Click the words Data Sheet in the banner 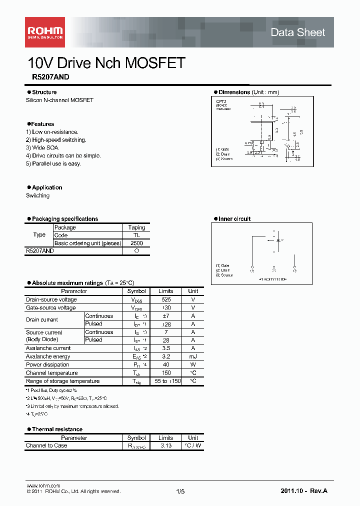coord(297,32)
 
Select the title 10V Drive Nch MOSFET coord(106,63)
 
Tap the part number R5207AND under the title coord(47,77)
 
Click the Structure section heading coord(44,92)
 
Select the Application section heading coord(47,187)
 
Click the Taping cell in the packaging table coord(136,227)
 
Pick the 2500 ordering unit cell coord(136,243)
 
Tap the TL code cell coord(136,235)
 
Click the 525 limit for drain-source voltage coord(166,299)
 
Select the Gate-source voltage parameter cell coord(51,307)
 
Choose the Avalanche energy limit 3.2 coord(166,356)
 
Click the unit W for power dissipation coord(193,364)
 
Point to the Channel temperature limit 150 coord(166,372)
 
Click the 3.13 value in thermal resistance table coord(166,445)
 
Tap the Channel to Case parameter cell coord(46,445)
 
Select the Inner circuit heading coord(234,219)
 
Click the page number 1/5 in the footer coord(180,491)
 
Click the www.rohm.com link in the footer coord(43,485)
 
